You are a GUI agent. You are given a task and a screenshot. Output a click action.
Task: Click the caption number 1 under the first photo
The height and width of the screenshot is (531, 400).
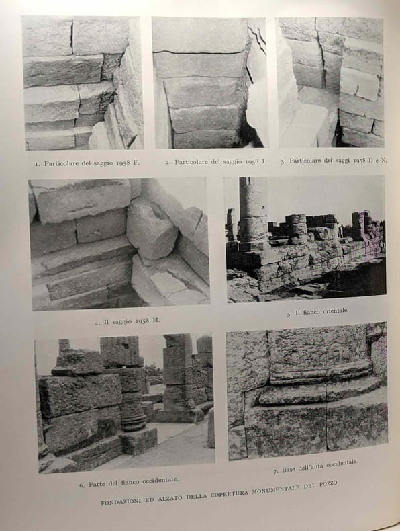[x=37, y=164]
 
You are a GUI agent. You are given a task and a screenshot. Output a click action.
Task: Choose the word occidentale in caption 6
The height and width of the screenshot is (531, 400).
[x=160, y=481]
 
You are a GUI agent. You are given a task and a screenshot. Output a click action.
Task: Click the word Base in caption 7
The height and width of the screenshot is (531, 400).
[x=288, y=470]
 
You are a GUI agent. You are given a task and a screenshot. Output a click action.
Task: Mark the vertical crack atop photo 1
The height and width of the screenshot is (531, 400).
[x=72, y=36]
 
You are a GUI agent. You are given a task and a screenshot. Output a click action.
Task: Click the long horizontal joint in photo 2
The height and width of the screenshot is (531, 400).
[x=199, y=52]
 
